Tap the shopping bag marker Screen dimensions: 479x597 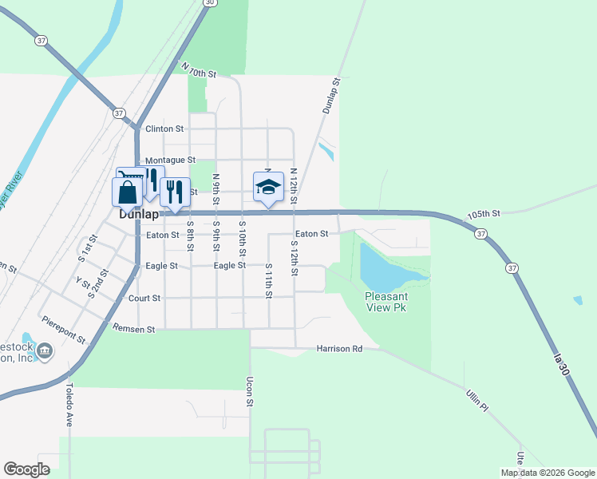tap(128, 192)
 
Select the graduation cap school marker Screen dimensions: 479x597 tap(268, 188)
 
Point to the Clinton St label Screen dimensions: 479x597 tap(164, 129)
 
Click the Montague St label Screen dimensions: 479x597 tap(170, 160)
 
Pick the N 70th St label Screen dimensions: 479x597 tap(199, 70)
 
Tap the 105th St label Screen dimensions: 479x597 tap(484, 214)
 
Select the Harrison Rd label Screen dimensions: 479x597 tap(339, 349)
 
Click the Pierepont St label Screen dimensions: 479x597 tap(65, 327)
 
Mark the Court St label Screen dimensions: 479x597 tap(144, 298)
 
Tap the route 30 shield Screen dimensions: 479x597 tap(209, 3)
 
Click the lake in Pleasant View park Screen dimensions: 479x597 tap(385, 268)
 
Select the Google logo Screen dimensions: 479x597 tap(26, 469)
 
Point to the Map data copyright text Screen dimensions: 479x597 tap(548, 473)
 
